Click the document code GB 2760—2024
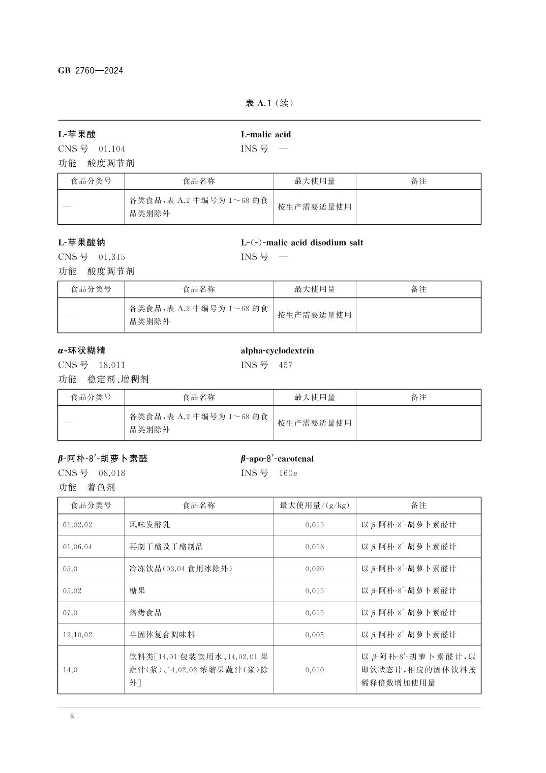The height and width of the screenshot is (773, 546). point(90,71)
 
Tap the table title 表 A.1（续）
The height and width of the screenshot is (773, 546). point(269,103)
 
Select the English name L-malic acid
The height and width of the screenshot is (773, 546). point(266,134)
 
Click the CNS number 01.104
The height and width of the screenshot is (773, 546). point(112,148)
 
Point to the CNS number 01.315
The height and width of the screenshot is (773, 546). point(112,257)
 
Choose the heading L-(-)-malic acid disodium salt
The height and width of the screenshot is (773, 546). point(302,243)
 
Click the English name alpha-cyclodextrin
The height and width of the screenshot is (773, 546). point(277,350)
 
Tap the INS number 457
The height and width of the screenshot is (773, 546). point(286,365)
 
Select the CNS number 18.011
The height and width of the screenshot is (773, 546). point(112,365)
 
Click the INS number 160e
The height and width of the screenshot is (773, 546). point(288,473)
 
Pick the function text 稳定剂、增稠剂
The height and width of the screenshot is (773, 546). point(118,379)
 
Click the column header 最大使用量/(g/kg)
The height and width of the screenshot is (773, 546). point(315,506)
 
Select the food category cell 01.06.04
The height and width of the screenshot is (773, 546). point(77,547)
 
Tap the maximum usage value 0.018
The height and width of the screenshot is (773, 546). point(315,547)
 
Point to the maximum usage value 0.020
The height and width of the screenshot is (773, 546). point(315,569)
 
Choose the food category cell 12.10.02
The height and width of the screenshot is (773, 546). point(77,635)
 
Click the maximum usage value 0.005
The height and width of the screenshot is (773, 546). point(315,635)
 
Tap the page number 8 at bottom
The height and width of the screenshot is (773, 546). point(72,717)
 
